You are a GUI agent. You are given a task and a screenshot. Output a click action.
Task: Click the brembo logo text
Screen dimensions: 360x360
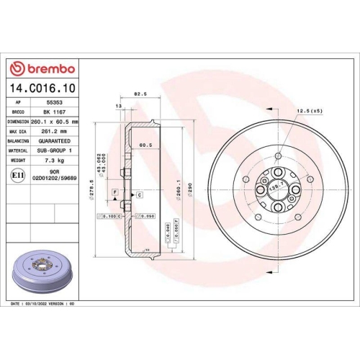[45, 68]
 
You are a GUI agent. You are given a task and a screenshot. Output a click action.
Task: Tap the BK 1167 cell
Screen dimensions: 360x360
[52, 112]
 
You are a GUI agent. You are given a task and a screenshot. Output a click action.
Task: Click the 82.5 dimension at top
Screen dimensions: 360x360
[141, 94]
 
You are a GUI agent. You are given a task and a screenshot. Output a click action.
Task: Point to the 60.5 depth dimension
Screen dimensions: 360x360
[145, 144]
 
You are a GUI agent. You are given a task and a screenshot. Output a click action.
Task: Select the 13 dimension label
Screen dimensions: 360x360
[118, 106]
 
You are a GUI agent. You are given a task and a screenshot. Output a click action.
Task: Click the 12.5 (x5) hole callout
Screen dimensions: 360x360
[307, 110]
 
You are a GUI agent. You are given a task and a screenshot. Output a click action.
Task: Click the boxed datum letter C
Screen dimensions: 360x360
[138, 195]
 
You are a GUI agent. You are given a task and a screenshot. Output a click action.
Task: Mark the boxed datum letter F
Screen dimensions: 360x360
[114, 191]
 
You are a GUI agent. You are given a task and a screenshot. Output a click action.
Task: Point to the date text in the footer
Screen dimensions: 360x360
[43, 305]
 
